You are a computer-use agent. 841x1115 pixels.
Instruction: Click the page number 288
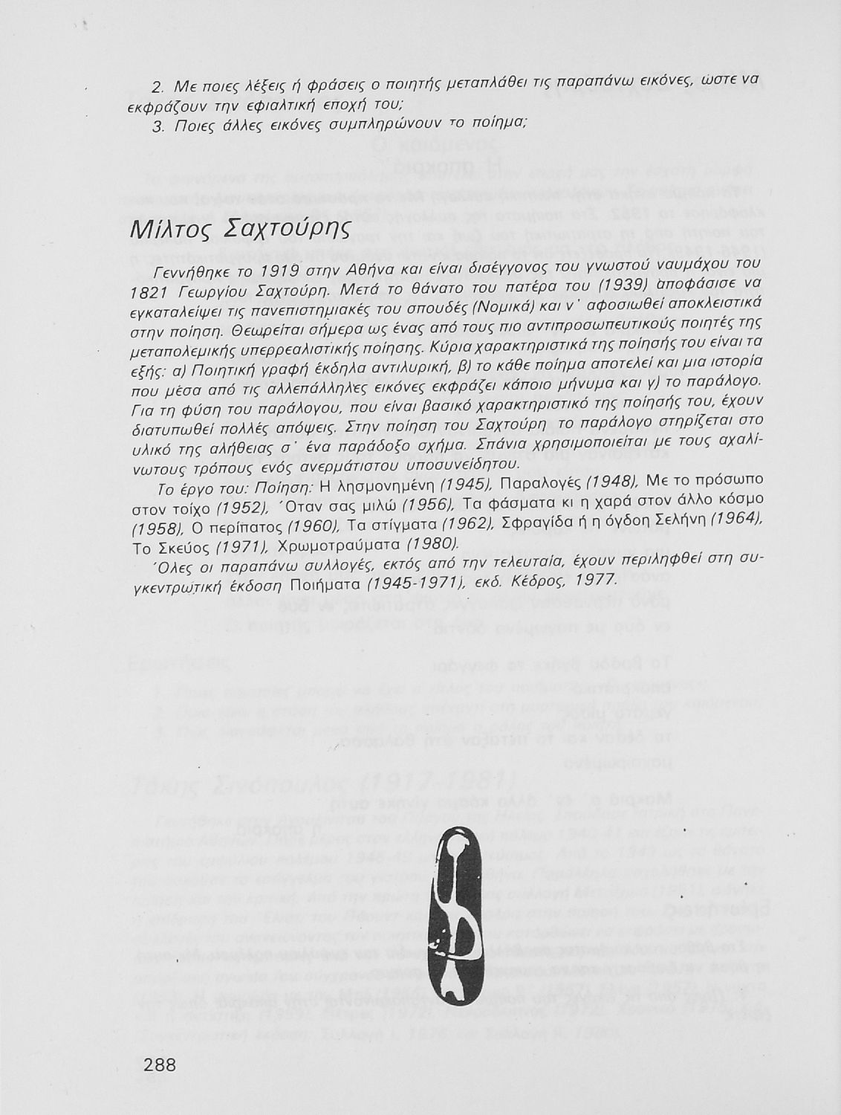160,1065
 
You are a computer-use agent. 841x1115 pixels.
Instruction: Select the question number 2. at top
158,87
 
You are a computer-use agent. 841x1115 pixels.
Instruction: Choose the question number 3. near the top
158,127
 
